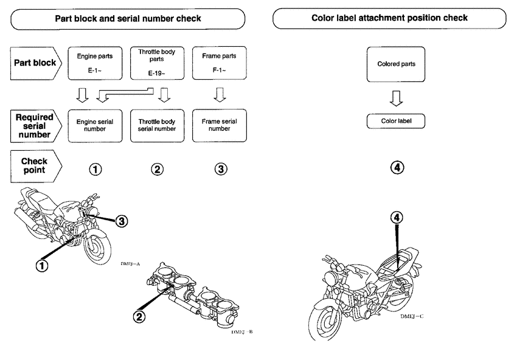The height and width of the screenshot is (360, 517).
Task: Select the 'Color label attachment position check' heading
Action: [389, 18]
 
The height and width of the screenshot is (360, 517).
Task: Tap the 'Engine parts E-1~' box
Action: [95, 63]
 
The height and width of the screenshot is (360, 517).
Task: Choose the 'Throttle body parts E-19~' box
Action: [157, 63]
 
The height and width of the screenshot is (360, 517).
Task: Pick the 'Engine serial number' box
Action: [95, 125]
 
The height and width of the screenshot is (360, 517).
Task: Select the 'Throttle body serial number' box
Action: [157, 125]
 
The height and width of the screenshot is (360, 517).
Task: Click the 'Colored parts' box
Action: [396, 64]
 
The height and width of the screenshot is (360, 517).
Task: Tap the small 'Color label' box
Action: [396, 121]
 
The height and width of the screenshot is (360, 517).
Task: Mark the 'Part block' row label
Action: [35, 63]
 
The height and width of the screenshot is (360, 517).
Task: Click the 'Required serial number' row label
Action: [35, 125]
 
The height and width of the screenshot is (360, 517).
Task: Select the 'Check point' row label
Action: [35, 166]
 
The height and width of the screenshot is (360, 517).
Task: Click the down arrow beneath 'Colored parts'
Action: [396, 97]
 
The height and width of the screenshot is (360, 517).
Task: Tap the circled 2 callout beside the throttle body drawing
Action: [141, 316]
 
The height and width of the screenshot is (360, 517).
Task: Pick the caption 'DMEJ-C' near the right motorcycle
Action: [412, 317]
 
